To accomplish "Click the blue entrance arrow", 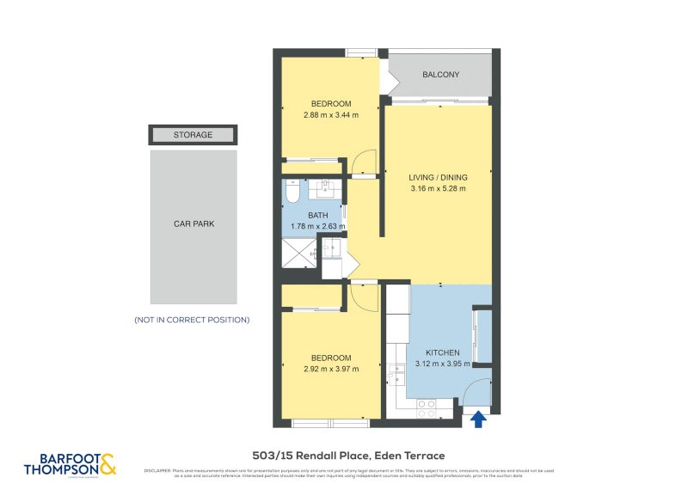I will (x=478, y=419).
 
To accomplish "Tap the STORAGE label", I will (x=193, y=135).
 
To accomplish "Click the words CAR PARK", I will (x=193, y=223).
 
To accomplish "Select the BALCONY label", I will (x=440, y=75).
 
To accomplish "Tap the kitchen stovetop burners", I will (x=425, y=412).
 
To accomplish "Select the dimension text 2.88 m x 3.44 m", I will (x=330, y=114).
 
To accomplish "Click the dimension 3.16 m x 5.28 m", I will (x=438, y=189).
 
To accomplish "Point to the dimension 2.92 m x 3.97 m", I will (x=330, y=369).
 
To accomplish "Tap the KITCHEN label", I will (x=444, y=352).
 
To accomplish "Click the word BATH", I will (x=318, y=215).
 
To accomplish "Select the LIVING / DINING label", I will (x=438, y=177).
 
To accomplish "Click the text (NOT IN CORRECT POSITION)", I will (x=192, y=320).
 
